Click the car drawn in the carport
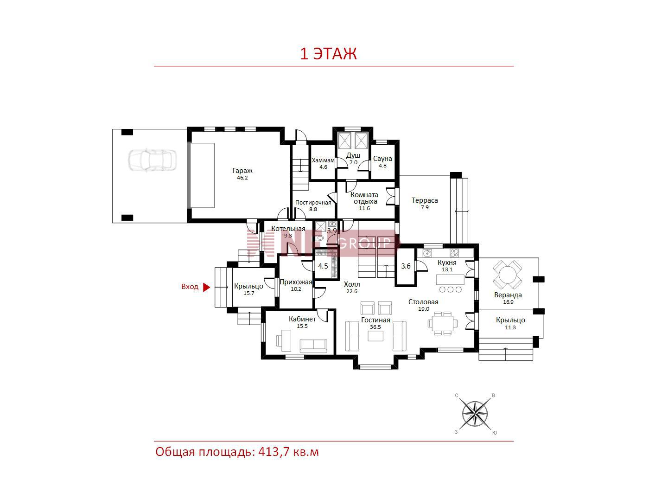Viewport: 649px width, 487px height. tap(152, 160)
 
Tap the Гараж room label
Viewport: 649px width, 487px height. tap(242, 171)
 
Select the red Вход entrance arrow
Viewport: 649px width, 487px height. tap(206, 287)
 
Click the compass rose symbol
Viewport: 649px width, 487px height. tap(475, 414)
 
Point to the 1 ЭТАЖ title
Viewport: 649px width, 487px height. tap(328, 54)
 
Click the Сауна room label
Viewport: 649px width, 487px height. tap(382, 159)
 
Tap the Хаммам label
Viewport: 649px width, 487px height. tap(323, 160)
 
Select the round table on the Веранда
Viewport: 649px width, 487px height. tap(507, 275)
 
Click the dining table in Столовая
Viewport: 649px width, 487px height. tap(442, 323)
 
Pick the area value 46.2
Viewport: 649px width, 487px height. tap(242, 178)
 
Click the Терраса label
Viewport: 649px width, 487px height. tap(425, 200)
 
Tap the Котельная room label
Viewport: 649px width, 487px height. tap(288, 229)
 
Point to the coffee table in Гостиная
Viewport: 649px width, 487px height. tap(375, 336)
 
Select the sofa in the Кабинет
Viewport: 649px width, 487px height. tap(313, 346)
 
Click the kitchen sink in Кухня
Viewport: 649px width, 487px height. tap(427, 253)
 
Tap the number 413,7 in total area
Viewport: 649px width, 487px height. tap(274, 452)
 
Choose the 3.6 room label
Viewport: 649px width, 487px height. tap(405, 266)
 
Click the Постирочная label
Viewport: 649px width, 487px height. tap(313, 203)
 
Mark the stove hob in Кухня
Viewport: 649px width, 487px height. tap(454, 253)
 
